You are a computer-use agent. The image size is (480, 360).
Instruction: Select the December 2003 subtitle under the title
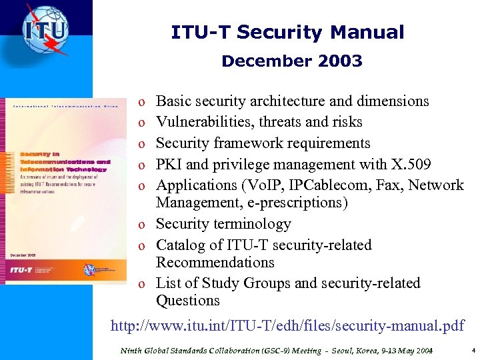click(x=292, y=61)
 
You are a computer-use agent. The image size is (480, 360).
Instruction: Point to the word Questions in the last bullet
click(x=188, y=301)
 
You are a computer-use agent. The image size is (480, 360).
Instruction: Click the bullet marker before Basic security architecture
click(x=141, y=102)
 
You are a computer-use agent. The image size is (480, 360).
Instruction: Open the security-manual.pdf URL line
click(x=287, y=326)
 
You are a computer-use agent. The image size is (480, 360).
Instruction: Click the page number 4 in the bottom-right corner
click(x=473, y=349)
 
